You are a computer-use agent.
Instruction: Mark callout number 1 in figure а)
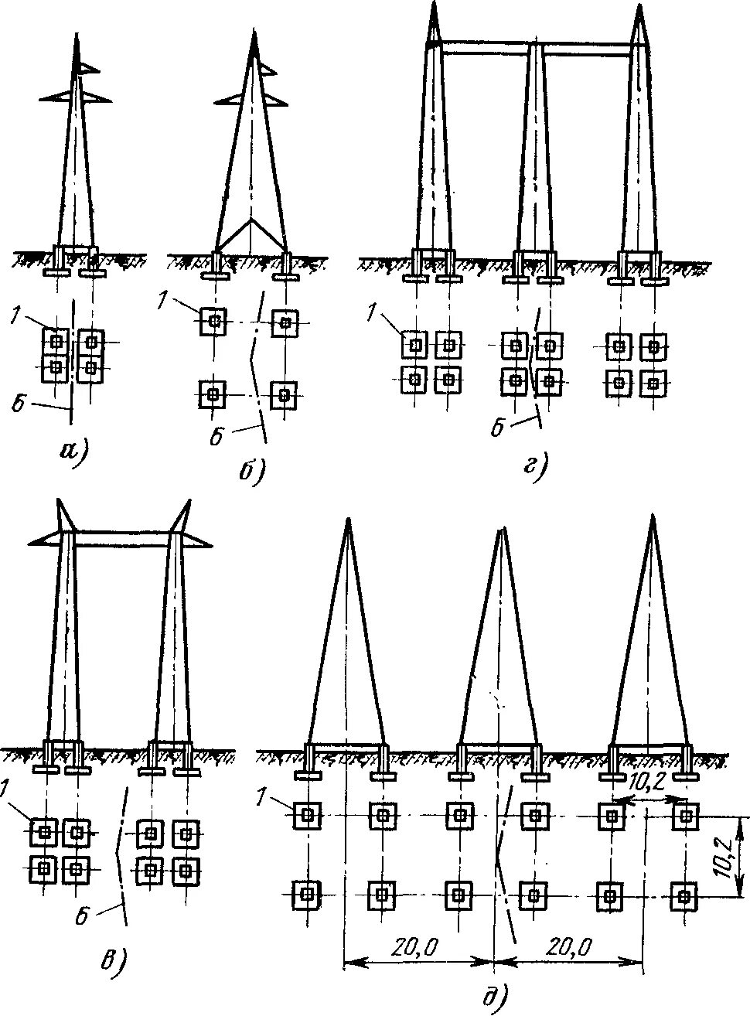pos(17,315)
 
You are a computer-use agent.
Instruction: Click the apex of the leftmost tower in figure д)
pos(348,520)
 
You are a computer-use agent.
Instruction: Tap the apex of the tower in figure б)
pos(254,32)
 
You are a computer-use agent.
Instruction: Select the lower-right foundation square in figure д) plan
pos(684,897)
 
